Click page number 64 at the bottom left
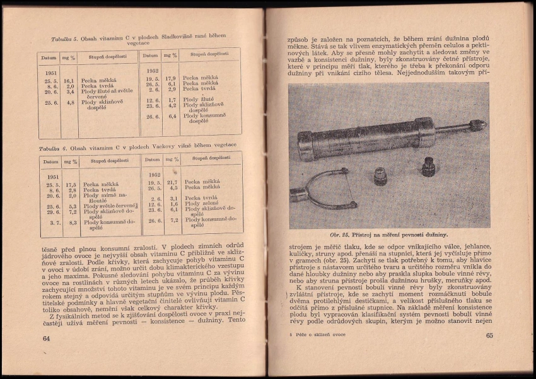pos(46,339)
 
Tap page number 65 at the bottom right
pos(489,335)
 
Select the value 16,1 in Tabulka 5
pos(69,81)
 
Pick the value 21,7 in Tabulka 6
pos(172,182)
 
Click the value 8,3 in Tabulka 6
pos(73,222)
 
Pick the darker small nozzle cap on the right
pos(429,166)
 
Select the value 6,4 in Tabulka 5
pos(170,117)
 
